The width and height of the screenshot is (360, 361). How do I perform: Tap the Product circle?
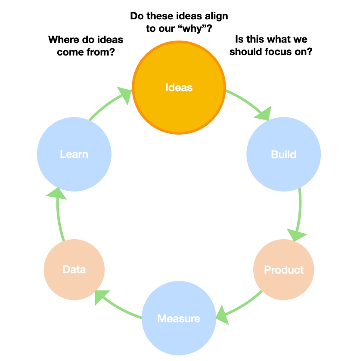click(x=283, y=270)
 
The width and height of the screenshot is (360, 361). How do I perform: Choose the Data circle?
click(x=74, y=270)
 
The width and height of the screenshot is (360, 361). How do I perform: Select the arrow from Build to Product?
click(x=300, y=211)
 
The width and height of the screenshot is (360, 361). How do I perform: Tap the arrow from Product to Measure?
click(x=241, y=303)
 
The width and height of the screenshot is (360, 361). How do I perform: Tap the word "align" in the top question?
click(x=215, y=16)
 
